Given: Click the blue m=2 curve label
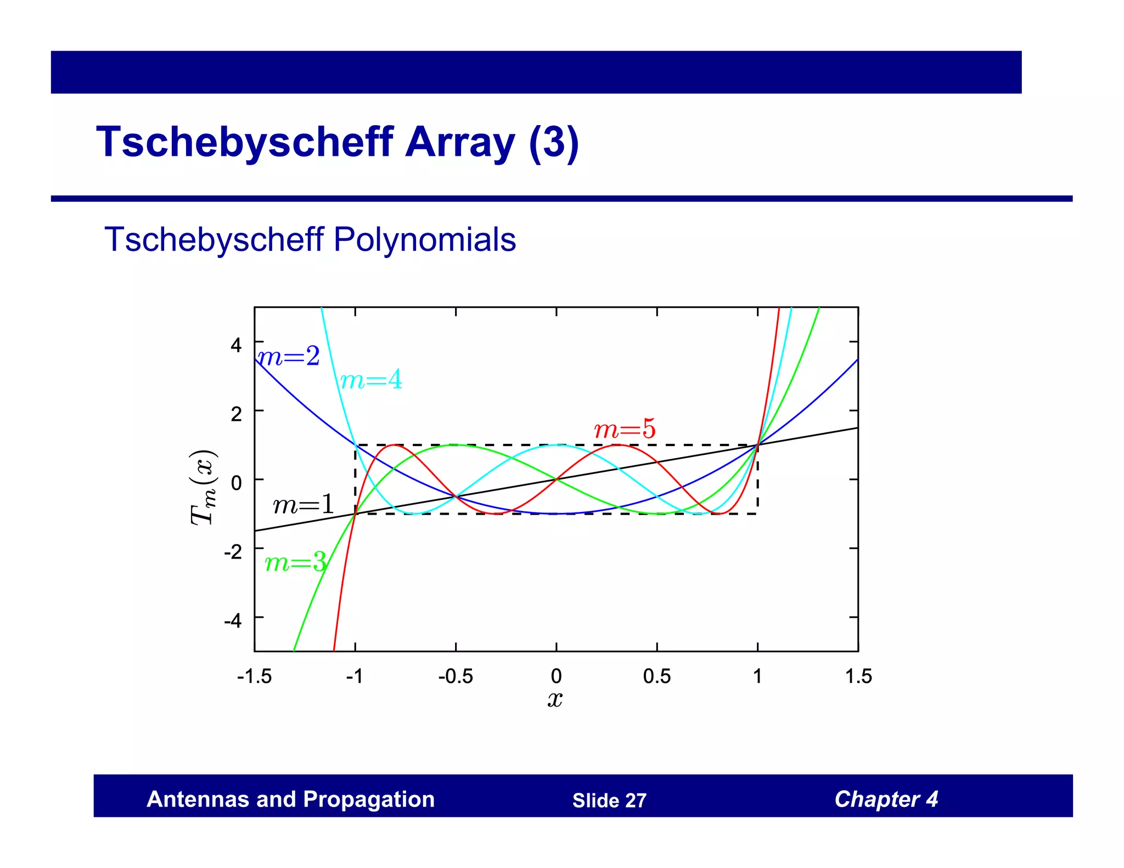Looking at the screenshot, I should [x=289, y=357].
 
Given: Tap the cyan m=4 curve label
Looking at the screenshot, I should [x=371, y=380].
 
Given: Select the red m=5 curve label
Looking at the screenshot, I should [x=625, y=429].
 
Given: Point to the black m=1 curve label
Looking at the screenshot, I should [x=304, y=504].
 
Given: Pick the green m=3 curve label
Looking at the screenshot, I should [x=295, y=563].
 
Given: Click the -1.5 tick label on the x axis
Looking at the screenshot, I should [x=254, y=677].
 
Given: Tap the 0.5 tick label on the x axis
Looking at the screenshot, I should [x=656, y=677].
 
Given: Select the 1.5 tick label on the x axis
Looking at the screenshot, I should [x=858, y=677].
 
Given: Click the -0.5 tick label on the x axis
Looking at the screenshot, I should [x=455, y=677].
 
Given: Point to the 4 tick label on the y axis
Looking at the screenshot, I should [x=236, y=345].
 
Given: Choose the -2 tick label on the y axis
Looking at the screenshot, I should [x=233, y=551].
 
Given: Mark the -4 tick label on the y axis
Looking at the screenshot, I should [x=233, y=621].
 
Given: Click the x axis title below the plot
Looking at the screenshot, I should [x=555, y=700].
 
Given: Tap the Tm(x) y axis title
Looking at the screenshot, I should [x=203, y=488].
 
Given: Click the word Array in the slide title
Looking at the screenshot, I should [x=460, y=142].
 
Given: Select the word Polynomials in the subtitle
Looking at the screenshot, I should [x=424, y=240].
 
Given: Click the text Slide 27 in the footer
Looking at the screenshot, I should [x=609, y=801].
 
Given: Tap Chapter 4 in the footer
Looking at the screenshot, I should [x=886, y=799].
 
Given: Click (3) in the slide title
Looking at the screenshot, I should [x=554, y=142].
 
